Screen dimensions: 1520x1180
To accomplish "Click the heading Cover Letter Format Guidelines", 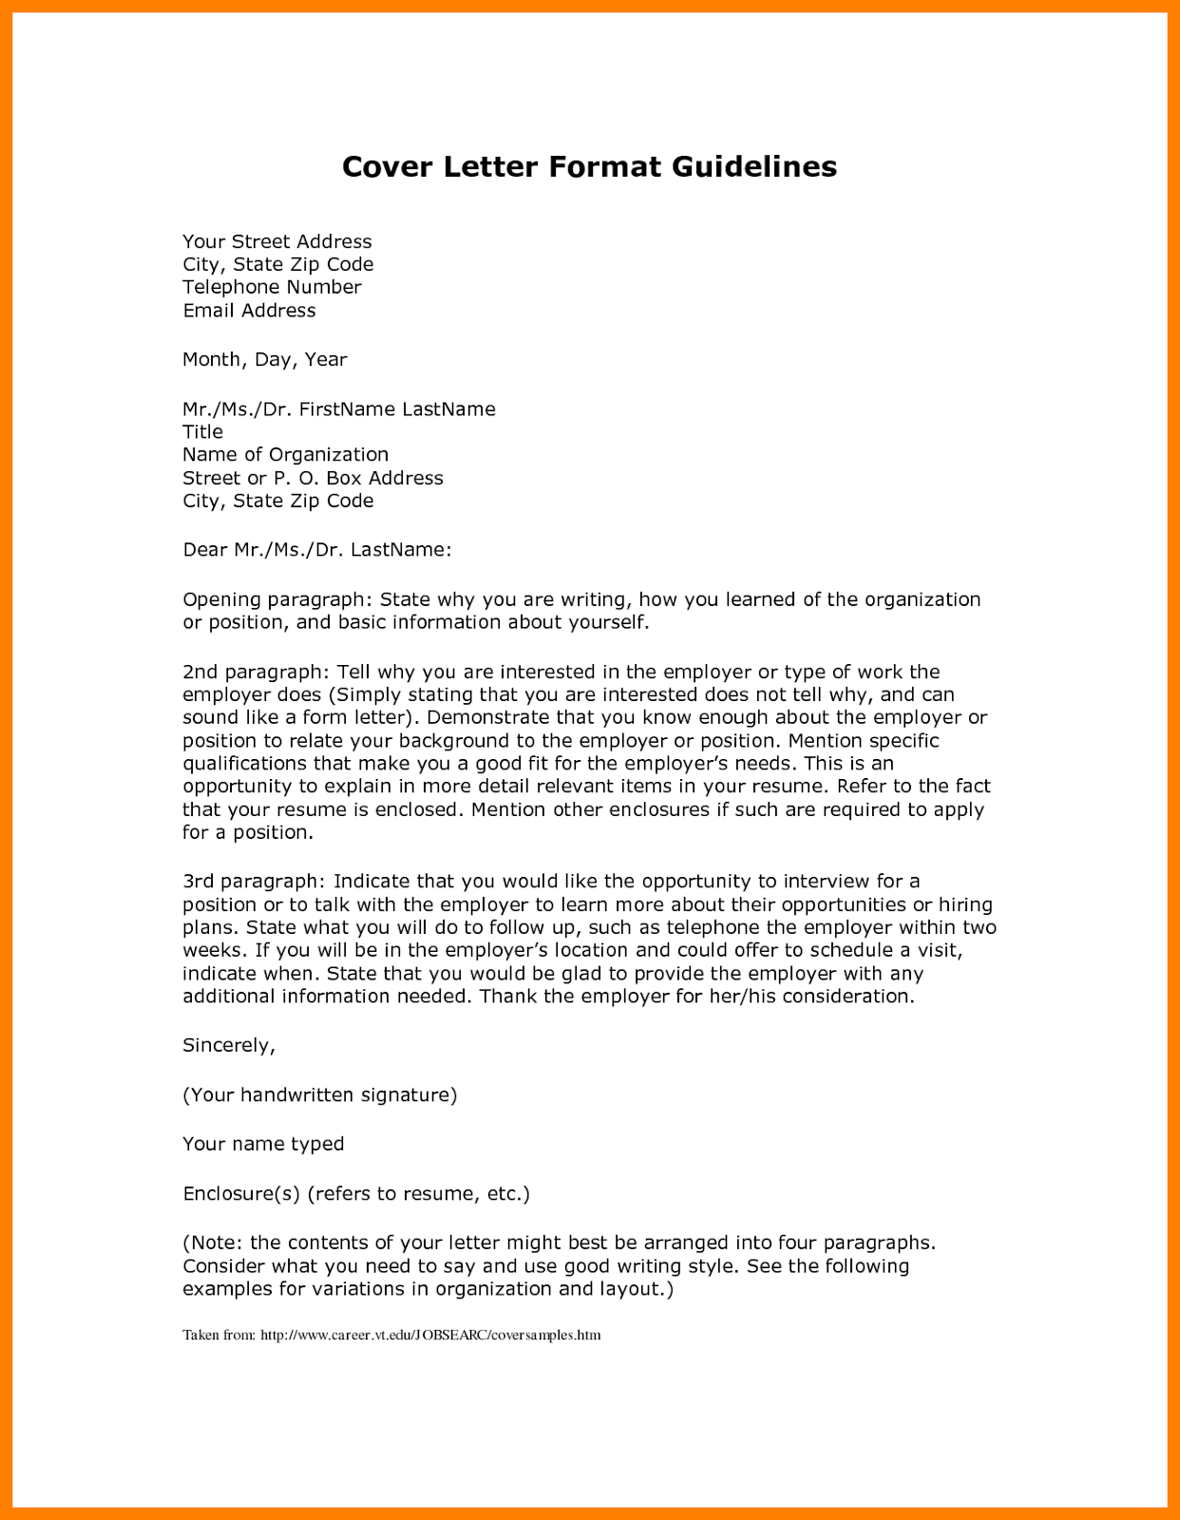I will [x=589, y=167].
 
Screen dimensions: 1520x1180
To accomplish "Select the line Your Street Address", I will [x=276, y=242].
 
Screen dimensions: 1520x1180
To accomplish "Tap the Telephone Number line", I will [x=272, y=287].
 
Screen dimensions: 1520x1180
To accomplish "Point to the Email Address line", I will [x=249, y=311].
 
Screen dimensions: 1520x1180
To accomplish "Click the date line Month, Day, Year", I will [x=264, y=360].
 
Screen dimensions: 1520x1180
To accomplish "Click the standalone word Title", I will [x=202, y=432].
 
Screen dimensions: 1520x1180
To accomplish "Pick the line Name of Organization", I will [x=285, y=455].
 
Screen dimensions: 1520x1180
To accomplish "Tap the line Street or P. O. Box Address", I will [x=313, y=478].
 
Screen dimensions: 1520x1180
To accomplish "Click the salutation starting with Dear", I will [x=316, y=550].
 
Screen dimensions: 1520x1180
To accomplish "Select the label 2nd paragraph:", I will [x=255, y=673].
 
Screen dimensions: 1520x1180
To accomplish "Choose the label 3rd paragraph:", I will [x=254, y=882].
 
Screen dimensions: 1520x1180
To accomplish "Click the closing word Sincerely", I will [x=227, y=1046].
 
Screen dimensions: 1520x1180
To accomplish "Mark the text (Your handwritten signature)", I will [x=319, y=1095].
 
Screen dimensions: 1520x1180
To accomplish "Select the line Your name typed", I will [x=263, y=1145].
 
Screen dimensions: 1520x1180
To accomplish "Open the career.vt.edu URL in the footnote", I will [x=430, y=1336].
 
